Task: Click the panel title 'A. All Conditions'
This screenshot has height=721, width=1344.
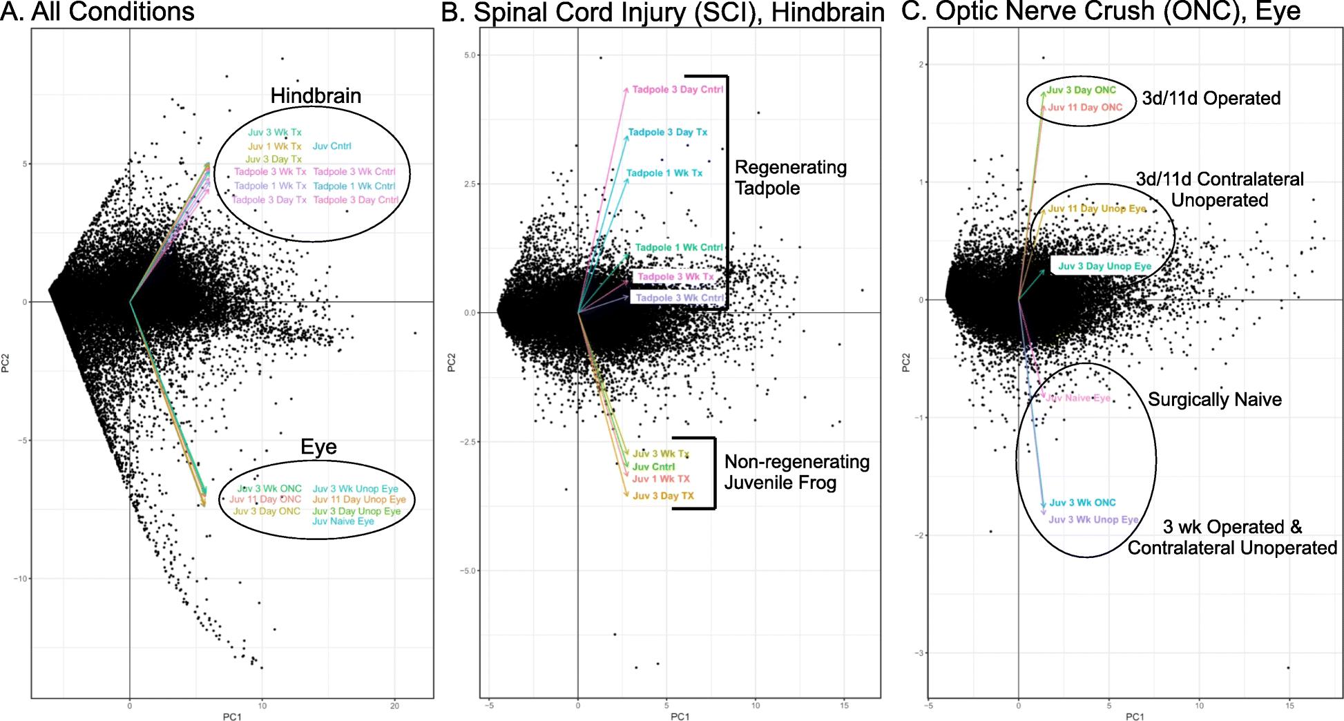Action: coord(97,12)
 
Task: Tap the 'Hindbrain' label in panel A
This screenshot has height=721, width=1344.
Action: coord(316,96)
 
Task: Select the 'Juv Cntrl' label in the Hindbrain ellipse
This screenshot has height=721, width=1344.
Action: coord(332,146)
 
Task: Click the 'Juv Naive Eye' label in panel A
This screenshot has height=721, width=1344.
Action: coord(343,521)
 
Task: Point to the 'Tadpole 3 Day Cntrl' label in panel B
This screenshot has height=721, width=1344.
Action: coord(678,90)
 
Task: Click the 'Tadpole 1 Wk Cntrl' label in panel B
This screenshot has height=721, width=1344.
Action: coord(679,247)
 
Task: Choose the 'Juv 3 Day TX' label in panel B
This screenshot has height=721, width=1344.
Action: coord(663,496)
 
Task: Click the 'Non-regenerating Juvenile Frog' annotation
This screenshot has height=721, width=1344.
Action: coord(796,472)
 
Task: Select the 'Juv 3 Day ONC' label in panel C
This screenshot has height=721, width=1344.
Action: coord(1081,90)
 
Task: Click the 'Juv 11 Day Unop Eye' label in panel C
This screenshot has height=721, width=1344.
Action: coord(1097,209)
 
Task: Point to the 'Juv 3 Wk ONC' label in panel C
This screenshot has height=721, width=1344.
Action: coord(1082,503)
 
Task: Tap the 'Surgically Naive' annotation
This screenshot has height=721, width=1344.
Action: coord(1215,400)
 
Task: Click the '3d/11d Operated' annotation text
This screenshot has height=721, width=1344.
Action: coord(1211,99)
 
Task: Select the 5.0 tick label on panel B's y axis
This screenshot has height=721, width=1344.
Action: coord(472,55)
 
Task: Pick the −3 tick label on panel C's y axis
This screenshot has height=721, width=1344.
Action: coord(919,653)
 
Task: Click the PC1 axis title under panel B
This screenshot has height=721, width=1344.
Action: coord(680,717)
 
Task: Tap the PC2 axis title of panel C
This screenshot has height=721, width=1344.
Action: coord(906,363)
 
